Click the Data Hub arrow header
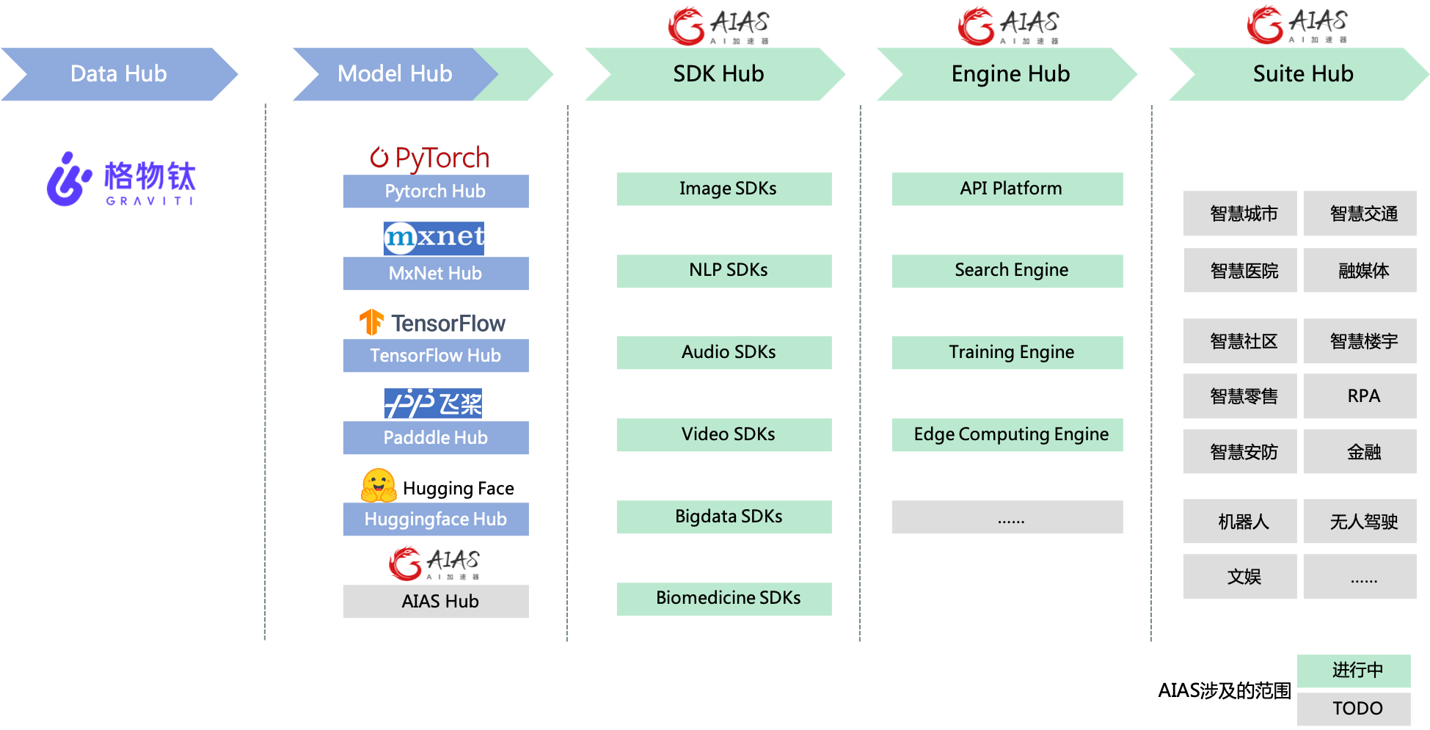[119, 74]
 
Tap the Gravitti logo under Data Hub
[121, 179]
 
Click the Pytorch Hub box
[435, 191]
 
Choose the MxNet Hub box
[435, 274]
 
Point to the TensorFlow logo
[433, 323]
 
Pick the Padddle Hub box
[435, 438]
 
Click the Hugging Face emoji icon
[379, 486]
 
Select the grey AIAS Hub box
[435, 602]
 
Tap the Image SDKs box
[723, 189]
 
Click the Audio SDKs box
[723, 353]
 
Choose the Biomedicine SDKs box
[723, 599]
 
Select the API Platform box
[1007, 189]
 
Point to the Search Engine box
[1007, 271]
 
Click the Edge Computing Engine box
[1007, 435]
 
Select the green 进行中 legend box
[1353, 671]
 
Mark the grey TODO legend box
[1353, 709]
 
